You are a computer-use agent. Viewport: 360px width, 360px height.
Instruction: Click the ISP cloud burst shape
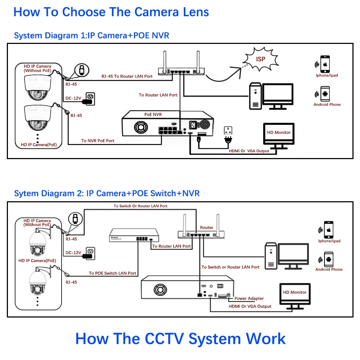pyautogui.click(x=261, y=59)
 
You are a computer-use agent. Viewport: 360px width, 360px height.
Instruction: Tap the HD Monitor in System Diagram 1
pyautogui.click(x=279, y=133)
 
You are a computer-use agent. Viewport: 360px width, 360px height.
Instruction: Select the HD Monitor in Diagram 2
pyautogui.click(x=294, y=293)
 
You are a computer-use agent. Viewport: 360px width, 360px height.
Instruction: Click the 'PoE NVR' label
pyautogui.click(x=153, y=114)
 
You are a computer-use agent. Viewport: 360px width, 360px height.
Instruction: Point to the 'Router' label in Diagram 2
pyautogui.click(x=207, y=228)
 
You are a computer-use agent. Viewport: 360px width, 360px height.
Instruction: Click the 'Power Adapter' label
pyautogui.click(x=249, y=298)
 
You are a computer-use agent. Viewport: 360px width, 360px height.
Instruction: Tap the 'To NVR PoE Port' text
pyautogui.click(x=98, y=141)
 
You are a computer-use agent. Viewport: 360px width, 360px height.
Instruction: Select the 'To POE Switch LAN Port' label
pyautogui.click(x=113, y=273)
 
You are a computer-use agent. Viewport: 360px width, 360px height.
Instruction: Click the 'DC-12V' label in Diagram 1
pyautogui.click(x=73, y=98)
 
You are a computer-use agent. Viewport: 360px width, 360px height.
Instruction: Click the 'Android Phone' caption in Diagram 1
pyautogui.click(x=327, y=105)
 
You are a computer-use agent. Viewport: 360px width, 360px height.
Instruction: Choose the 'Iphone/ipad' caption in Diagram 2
pyautogui.click(x=329, y=241)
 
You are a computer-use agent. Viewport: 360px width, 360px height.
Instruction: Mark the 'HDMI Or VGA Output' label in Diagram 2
pyautogui.click(x=250, y=306)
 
